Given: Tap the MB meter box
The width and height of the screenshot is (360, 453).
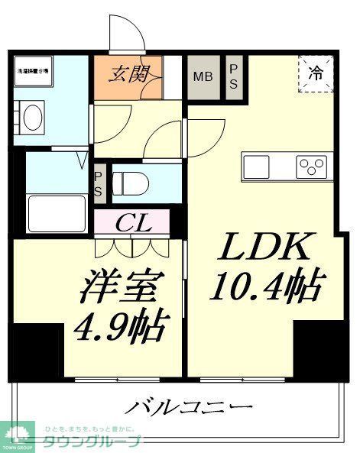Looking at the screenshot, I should click(203, 76).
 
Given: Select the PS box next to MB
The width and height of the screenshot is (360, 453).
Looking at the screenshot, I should click(235, 76).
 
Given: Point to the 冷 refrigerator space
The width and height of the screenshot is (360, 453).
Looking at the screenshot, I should click(315, 74).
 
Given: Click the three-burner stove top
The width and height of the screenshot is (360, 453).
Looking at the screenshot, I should click(312, 165).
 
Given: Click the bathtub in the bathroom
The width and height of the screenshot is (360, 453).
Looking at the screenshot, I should click(57, 210).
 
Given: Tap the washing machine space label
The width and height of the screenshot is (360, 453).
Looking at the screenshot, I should click(33, 70).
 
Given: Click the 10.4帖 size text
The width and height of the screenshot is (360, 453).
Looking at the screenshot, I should click(264, 286).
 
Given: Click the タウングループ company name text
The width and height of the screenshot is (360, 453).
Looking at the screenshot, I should click(99, 442).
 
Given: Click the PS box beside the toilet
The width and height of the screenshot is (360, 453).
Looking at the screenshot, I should click(99, 184).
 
